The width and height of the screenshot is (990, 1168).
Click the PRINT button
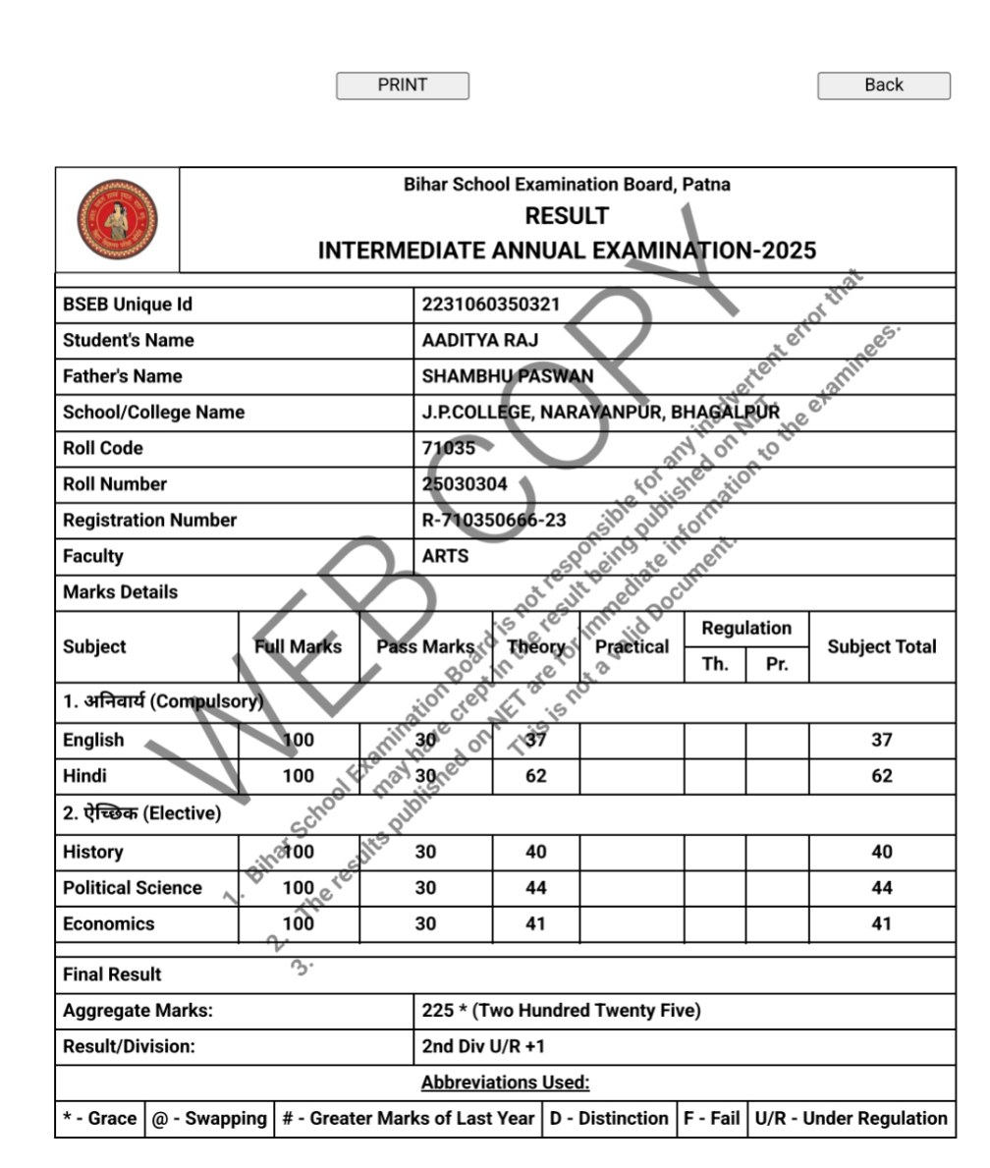pyautogui.click(x=403, y=85)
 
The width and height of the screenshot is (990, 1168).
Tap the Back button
pyautogui.click(x=883, y=85)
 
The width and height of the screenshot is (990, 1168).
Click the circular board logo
pyautogui.click(x=117, y=219)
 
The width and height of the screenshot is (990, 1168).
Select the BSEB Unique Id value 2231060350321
pyautogui.click(x=490, y=305)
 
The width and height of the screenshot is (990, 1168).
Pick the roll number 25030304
pyautogui.click(x=465, y=484)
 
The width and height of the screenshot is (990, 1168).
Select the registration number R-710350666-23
pyautogui.click(x=493, y=521)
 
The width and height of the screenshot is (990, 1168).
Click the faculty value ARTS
pyautogui.click(x=445, y=556)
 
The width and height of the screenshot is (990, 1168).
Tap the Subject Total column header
pyautogui.click(x=881, y=646)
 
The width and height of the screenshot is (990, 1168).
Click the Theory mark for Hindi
pyautogui.click(x=535, y=776)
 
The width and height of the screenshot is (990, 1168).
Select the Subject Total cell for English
pyautogui.click(x=881, y=740)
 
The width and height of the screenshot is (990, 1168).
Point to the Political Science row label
pyautogui.click(x=133, y=888)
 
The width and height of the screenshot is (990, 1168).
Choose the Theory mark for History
pyautogui.click(x=535, y=852)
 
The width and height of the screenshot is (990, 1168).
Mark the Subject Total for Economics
pyautogui.click(x=881, y=923)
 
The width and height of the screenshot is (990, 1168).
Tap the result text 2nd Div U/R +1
pyautogui.click(x=482, y=1046)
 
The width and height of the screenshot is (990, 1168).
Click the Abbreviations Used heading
pyautogui.click(x=505, y=1083)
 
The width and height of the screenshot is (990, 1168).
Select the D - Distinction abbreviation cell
pyautogui.click(x=608, y=1118)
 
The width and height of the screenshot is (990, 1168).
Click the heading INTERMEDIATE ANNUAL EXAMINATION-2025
pyautogui.click(x=567, y=250)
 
